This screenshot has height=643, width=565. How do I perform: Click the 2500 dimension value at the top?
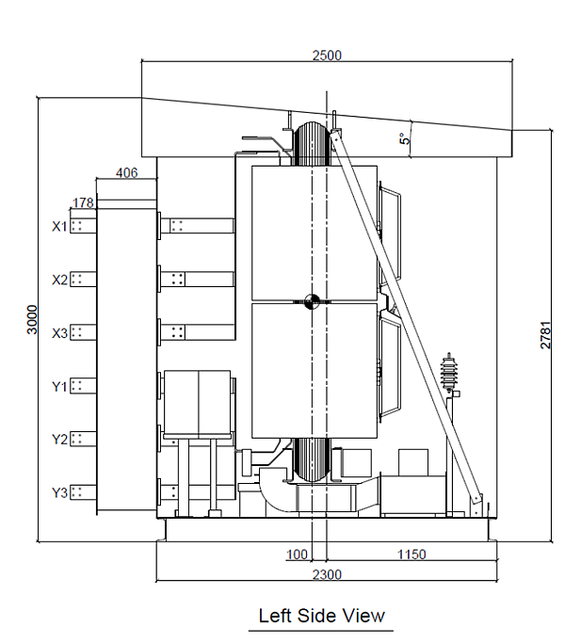click(x=327, y=55)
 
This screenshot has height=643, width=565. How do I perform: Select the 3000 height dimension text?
click(x=31, y=320)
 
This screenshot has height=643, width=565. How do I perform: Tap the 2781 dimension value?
click(x=545, y=334)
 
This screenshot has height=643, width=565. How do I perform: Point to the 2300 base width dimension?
click(x=326, y=574)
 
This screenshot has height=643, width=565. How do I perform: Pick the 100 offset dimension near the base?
click(x=299, y=555)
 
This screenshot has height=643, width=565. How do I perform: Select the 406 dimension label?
click(x=126, y=172)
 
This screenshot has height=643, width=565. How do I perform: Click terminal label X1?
click(x=59, y=226)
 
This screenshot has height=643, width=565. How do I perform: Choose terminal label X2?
click(x=59, y=280)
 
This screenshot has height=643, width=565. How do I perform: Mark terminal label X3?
click(x=59, y=332)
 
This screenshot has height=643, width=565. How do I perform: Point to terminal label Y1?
click(x=59, y=385)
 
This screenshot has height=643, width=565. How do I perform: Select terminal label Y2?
click(x=59, y=439)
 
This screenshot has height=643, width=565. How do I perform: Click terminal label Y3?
click(x=59, y=491)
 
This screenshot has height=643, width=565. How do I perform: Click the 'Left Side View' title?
click(x=322, y=616)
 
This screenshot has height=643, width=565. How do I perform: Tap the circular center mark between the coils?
click(x=314, y=301)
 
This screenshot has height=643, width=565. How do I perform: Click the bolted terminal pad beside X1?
click(x=83, y=225)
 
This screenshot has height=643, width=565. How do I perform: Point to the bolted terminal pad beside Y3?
click(x=83, y=491)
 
